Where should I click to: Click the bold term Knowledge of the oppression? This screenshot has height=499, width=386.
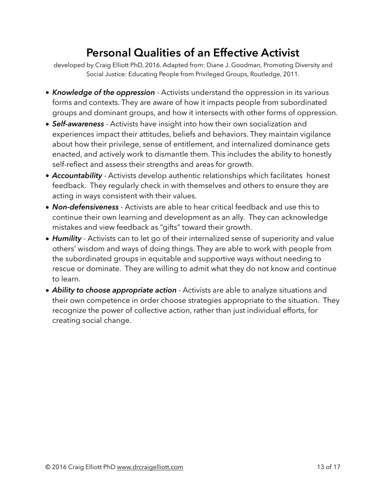[104, 92]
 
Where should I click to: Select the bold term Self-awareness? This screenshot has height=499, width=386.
[78, 124]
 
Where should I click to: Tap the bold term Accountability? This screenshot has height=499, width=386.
[77, 176]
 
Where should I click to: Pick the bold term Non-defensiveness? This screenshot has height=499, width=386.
[85, 207]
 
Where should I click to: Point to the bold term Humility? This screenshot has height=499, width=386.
[67, 239]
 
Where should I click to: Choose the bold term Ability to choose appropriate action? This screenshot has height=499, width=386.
[114, 290]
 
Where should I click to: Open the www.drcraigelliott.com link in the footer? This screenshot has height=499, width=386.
[150, 467]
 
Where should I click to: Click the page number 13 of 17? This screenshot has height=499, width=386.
[329, 467]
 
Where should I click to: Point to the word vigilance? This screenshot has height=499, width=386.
[315, 134]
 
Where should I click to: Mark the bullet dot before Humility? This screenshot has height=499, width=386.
[48, 239]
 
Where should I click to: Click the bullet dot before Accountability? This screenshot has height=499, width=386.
[48, 176]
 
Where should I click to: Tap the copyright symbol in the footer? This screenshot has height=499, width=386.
[48, 467]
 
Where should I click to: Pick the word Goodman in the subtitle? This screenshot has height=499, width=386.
[245, 65]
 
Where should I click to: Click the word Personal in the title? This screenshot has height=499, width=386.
[108, 53]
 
